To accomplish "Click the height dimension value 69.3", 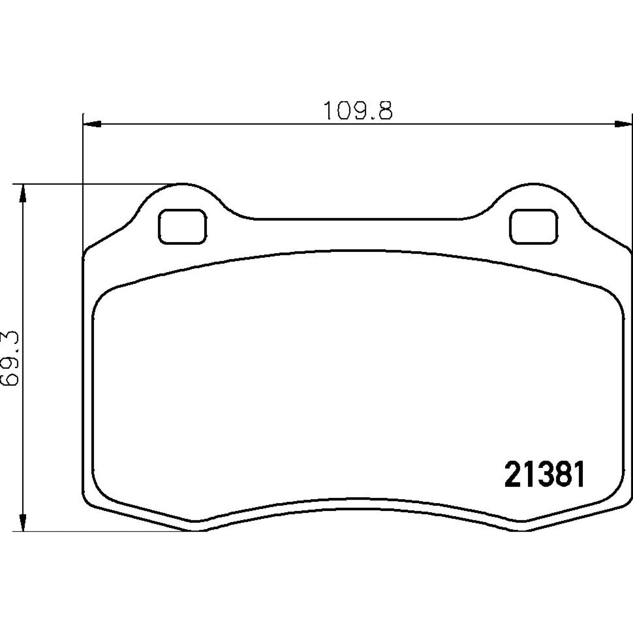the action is (10, 358).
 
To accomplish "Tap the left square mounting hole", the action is (182, 227).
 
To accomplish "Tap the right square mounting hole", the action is (533, 227).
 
